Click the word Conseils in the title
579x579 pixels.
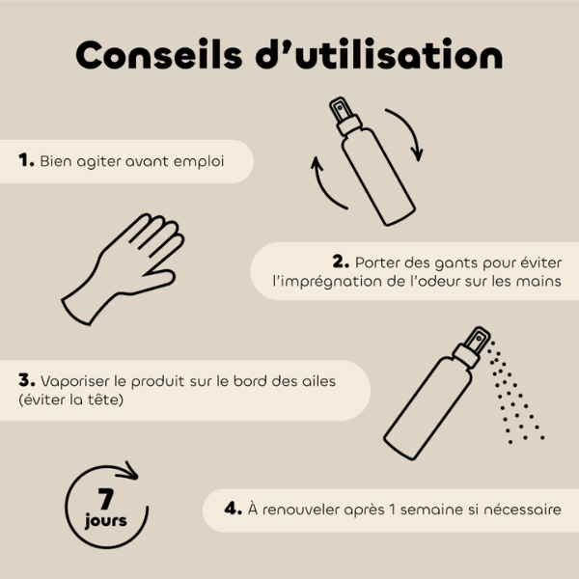[153, 55]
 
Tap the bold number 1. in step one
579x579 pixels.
[27, 160]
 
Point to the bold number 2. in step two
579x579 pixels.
[340, 261]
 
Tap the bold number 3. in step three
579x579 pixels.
[27, 379]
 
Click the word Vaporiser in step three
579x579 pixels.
[75, 380]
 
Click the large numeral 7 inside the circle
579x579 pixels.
[107, 499]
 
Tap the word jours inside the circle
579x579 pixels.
[106, 522]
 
